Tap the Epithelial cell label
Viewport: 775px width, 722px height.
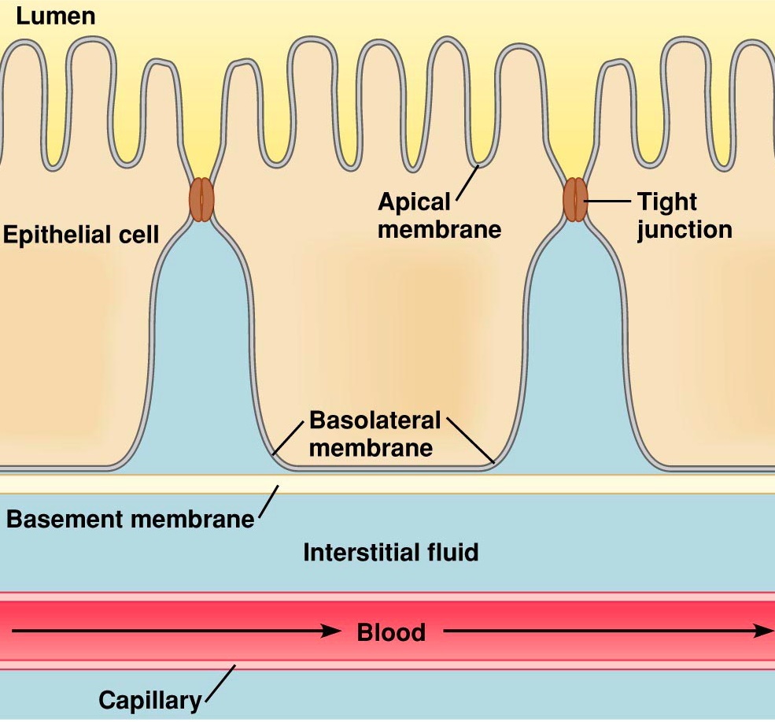[x=80, y=234]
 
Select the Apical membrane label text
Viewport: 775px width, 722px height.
[x=438, y=215]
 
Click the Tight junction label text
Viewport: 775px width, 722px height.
[x=684, y=215]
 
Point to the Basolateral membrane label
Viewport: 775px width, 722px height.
[x=375, y=433]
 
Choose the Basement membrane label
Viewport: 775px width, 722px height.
[x=130, y=519]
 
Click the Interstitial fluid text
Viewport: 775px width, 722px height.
[x=390, y=552]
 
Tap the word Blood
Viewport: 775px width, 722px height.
[x=391, y=632]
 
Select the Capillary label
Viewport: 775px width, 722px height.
[x=149, y=699]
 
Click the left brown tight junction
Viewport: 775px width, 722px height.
[x=201, y=200]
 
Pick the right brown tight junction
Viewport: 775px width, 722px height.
[x=575, y=200]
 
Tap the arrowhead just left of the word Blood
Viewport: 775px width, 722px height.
[x=331, y=631]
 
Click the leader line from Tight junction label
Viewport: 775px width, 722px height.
[x=607, y=201]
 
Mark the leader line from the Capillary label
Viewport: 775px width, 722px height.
[x=220, y=682]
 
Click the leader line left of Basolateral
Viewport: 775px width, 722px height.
[x=287, y=437]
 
